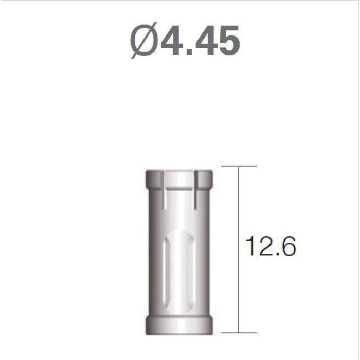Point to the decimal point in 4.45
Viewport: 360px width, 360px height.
pyautogui.click(x=189, y=51)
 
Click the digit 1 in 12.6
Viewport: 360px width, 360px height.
pyautogui.click(x=251, y=246)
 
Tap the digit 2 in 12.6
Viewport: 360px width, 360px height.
pyautogui.click(x=266, y=246)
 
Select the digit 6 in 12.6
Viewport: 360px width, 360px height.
pyautogui.click(x=287, y=246)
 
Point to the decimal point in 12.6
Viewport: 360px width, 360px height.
pyautogui.click(x=277, y=254)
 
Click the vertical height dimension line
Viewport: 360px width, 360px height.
pyautogui.click(x=239, y=249)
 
